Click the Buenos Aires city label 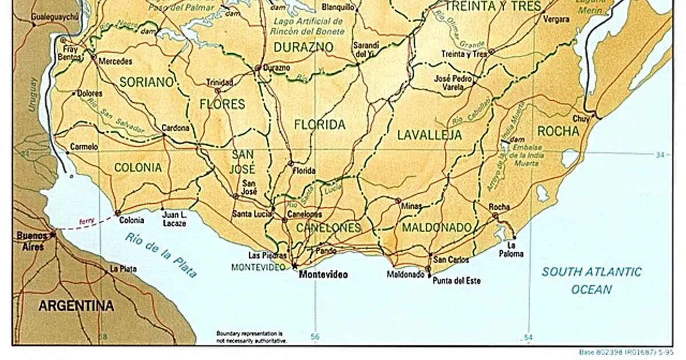pos(31,241)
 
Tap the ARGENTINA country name pos(76,306)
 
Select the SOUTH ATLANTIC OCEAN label pos(592,281)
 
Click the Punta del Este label pos(456,281)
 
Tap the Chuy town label pos(581,119)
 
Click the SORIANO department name pos(146,82)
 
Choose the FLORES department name pos(222,104)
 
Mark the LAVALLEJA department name pos(429,135)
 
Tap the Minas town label pos(412,206)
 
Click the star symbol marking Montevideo pos(295,266)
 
